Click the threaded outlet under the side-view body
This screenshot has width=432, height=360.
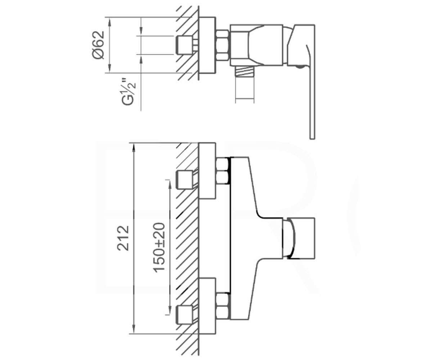[245, 73]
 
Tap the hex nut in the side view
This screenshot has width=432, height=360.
[222, 45]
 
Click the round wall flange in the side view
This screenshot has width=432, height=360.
[207, 45]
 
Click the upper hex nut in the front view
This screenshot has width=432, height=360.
[223, 171]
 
